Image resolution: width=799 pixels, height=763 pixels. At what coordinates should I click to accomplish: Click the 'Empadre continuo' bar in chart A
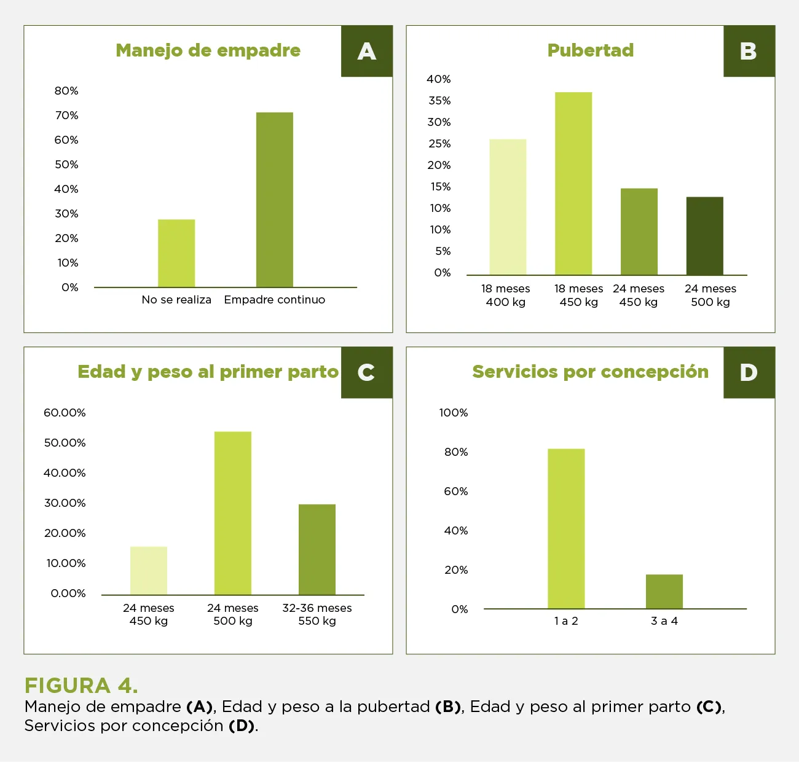[x=275, y=200]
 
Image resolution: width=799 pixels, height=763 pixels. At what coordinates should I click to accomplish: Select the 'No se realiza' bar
[x=176, y=253]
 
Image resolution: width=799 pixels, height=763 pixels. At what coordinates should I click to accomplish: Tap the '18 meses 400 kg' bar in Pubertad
[x=508, y=207]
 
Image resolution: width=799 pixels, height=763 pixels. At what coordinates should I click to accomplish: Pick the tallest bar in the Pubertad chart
[x=573, y=184]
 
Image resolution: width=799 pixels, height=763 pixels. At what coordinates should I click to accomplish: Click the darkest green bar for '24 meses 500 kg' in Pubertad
[x=704, y=236]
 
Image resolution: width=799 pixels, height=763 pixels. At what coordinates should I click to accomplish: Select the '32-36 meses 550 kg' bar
[x=317, y=549]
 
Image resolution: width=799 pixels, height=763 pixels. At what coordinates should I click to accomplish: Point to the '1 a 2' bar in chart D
[x=566, y=528]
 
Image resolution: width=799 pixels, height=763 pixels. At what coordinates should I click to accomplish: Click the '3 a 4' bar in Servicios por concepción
[x=664, y=592]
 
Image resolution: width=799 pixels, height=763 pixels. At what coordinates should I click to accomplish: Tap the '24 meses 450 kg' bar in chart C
[x=149, y=571]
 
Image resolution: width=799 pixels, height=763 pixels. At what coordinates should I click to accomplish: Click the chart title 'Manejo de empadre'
[x=208, y=50]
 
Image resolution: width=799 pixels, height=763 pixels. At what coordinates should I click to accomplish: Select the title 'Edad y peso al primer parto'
[x=208, y=372]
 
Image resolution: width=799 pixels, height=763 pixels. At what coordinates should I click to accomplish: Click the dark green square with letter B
[x=749, y=51]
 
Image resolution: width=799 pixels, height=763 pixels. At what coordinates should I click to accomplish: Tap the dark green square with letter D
[x=749, y=372]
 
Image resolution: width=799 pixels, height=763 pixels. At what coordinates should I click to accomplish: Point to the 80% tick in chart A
[x=66, y=91]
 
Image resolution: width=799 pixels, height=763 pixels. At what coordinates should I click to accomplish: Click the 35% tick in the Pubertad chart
[x=439, y=101]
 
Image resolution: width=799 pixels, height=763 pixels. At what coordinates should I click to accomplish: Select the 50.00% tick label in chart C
[x=65, y=443]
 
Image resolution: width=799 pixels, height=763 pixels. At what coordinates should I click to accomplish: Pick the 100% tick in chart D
[x=454, y=413]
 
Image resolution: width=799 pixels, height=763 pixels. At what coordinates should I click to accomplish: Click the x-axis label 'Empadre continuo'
[x=275, y=300]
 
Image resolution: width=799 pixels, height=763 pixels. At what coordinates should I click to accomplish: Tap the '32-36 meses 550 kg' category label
[x=317, y=614]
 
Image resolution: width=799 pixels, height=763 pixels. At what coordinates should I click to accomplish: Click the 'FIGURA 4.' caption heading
[x=81, y=685]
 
